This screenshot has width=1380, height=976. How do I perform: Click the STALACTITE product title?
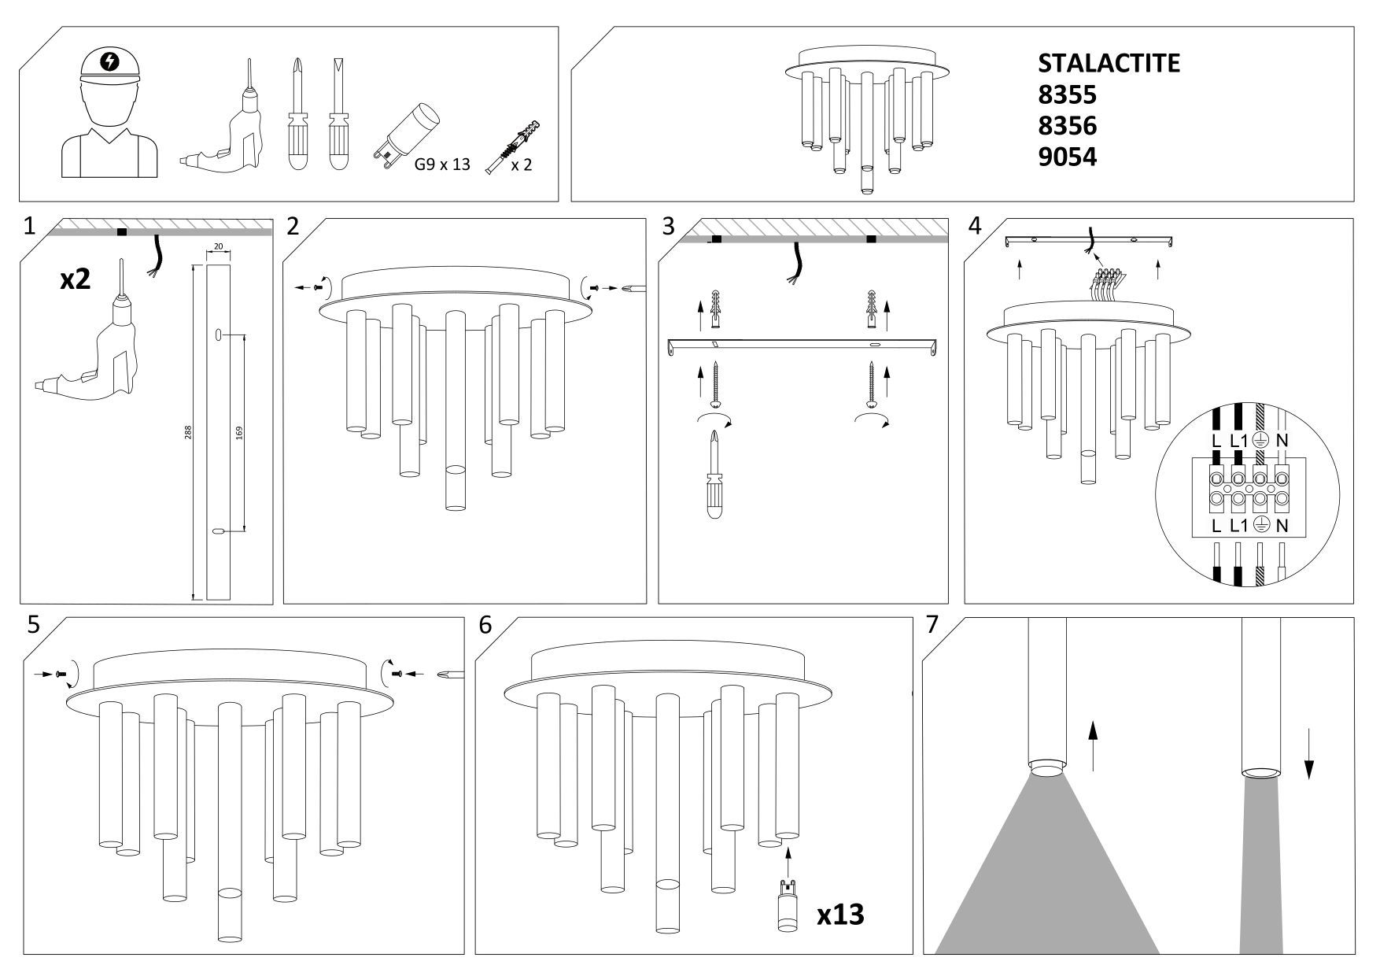click(1109, 63)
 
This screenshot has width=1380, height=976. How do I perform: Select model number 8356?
click(1067, 126)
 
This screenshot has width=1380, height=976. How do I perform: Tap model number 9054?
click(1067, 157)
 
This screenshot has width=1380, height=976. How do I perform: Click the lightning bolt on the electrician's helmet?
click(109, 61)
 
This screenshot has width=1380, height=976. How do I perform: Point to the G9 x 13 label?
click(442, 165)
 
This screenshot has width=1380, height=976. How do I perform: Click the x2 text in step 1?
click(76, 279)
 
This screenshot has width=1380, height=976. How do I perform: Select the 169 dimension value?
click(239, 432)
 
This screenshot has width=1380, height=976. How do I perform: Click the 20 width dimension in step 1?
click(218, 247)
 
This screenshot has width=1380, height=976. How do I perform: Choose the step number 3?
click(668, 227)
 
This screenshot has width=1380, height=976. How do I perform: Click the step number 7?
click(932, 625)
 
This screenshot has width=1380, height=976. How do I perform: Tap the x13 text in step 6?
click(839, 915)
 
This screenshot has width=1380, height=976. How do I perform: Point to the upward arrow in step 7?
click(1092, 748)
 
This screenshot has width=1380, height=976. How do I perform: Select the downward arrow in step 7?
click(1308, 753)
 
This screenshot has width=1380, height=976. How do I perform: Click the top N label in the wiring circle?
click(1282, 441)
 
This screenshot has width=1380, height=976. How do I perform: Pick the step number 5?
click(33, 625)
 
